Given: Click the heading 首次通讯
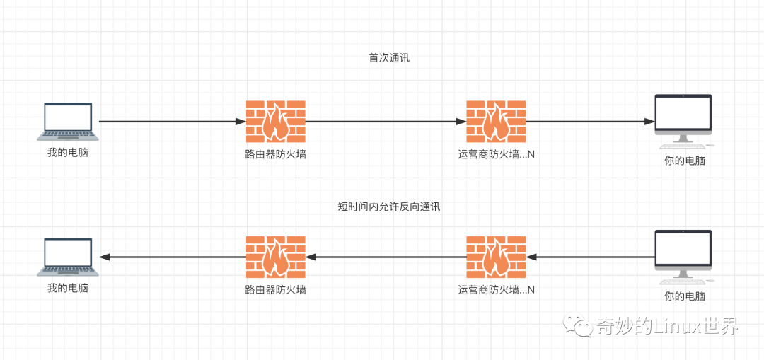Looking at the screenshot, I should pos(389,58).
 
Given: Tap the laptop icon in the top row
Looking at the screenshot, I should pos(68,121).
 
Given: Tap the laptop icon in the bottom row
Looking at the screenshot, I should pos(68,257).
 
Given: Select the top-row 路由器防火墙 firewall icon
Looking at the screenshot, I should pos(276,121).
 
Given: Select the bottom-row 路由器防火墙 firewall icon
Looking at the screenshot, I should pos(276,257).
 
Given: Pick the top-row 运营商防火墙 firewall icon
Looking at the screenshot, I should pos(496,121).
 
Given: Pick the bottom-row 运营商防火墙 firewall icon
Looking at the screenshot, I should pos(496,257).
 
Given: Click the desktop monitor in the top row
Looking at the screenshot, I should pos(683,120).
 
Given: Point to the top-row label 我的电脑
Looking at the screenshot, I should pos(68,152).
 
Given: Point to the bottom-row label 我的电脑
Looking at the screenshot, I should pos(68,288).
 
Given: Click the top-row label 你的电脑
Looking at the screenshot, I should pos(684,161).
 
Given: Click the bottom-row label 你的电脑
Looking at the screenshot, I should pos(684,296).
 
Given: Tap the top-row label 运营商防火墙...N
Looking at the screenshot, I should pos(496,153).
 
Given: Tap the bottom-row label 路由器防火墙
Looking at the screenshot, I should pos(276,289).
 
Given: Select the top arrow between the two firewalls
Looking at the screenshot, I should pos(386,122).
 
